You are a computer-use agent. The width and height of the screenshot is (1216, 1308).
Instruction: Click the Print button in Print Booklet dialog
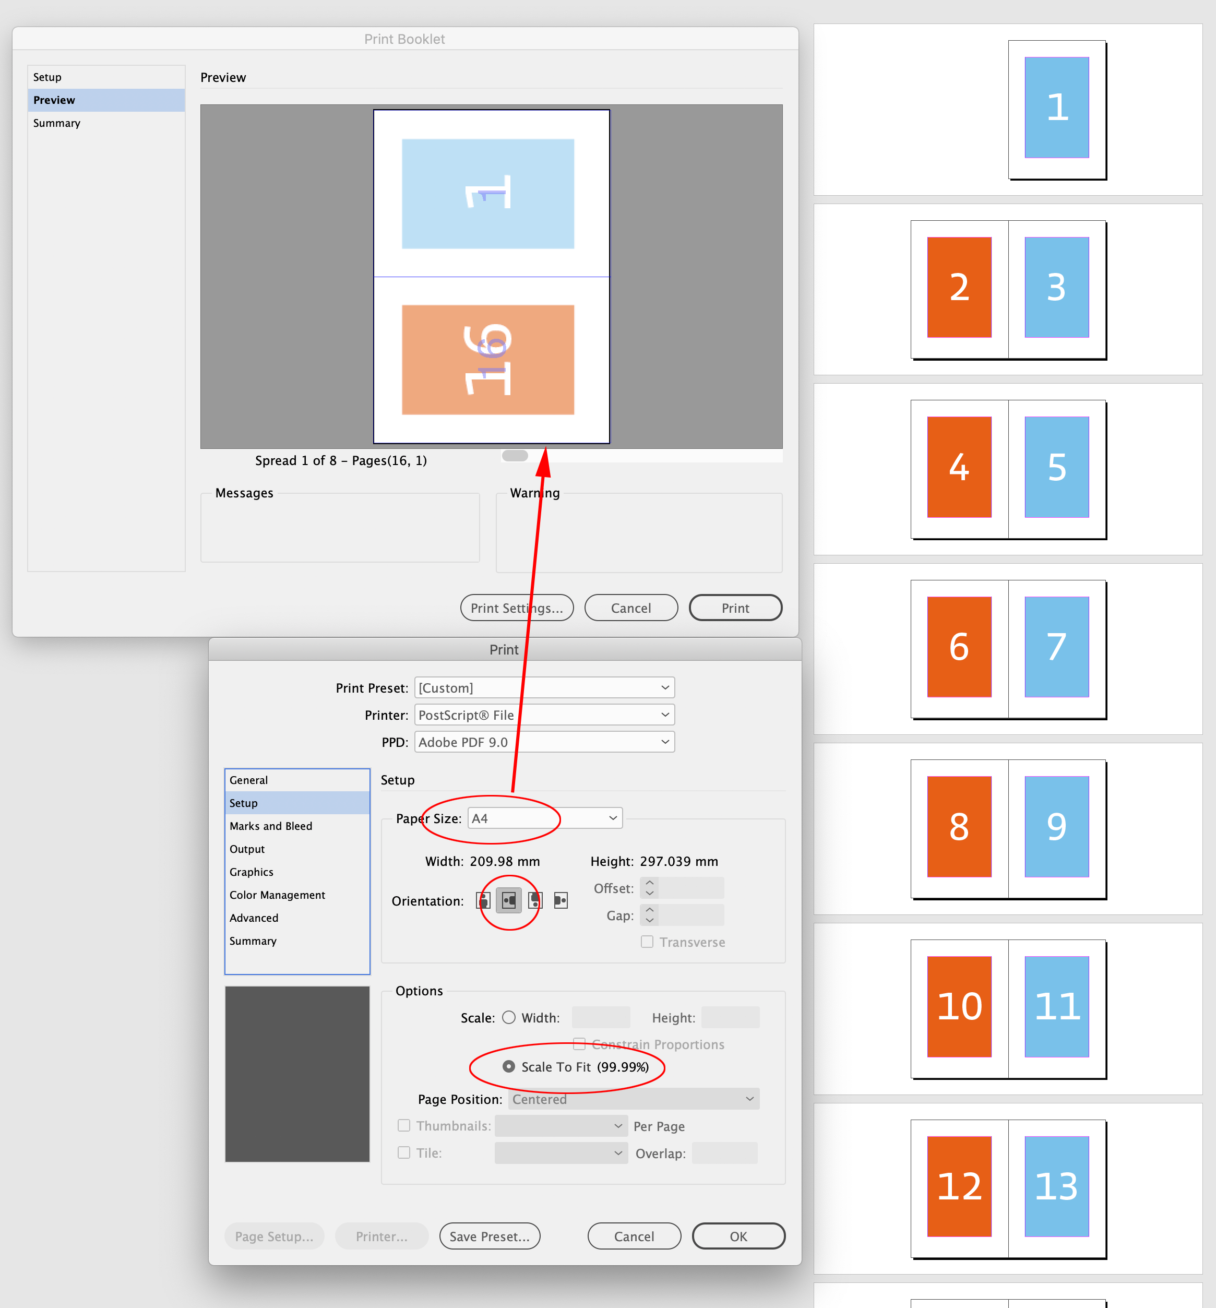735,608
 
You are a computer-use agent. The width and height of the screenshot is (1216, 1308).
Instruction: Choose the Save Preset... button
489,1236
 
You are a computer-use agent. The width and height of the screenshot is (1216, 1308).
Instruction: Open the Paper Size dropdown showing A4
545,818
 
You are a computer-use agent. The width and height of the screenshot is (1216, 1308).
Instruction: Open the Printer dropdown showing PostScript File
544,715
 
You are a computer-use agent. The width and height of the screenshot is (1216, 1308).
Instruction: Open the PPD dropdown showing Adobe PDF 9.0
544,742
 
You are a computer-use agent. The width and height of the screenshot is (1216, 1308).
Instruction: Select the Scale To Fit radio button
509,1066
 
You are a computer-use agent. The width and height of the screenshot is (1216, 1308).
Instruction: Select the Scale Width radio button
509,1018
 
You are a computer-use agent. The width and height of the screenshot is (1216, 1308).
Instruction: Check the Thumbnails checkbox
404,1126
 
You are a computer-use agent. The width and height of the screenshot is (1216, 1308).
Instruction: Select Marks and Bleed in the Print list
270,826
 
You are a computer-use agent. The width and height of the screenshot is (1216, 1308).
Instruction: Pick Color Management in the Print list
277,895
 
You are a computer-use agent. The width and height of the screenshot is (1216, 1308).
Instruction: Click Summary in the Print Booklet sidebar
56,123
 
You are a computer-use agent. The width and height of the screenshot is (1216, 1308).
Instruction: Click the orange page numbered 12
959,1186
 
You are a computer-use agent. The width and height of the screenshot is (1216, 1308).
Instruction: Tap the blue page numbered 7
1056,647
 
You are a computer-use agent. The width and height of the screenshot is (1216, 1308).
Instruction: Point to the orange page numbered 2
959,288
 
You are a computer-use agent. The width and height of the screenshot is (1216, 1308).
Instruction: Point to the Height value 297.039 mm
678,861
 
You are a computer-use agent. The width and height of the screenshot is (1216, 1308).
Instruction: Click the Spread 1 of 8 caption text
341,460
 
